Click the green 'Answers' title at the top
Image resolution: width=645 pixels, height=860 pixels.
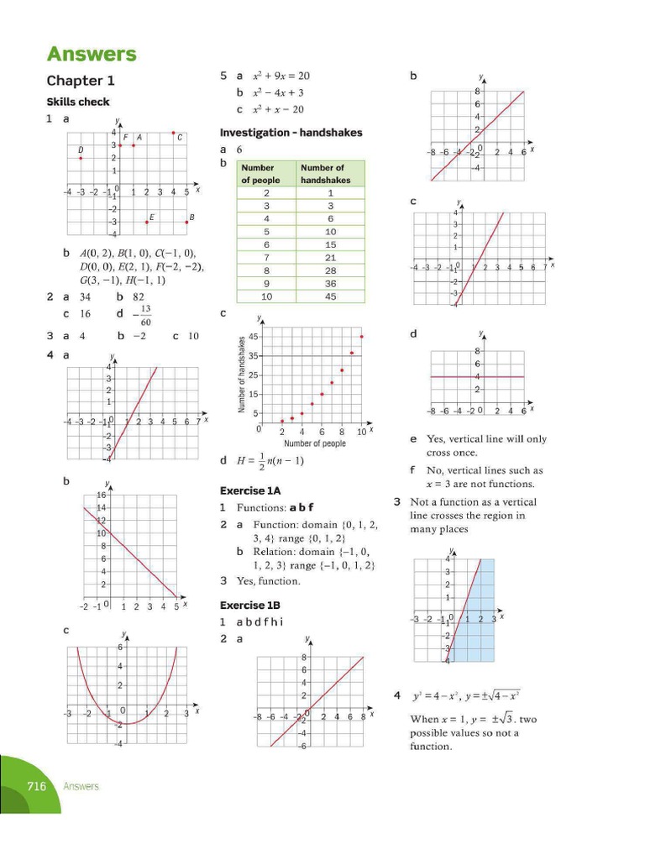92,55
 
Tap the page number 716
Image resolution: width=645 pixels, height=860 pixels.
35,786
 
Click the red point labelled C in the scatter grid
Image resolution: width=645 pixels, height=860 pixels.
173,133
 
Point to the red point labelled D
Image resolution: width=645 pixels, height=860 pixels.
81,158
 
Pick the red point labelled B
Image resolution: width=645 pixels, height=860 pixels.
186,222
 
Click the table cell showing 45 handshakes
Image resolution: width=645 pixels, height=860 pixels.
330,296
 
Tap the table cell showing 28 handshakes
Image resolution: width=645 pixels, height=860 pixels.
330,270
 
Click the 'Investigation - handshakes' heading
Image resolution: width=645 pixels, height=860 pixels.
291,133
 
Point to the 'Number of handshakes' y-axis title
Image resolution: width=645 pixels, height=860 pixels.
241,374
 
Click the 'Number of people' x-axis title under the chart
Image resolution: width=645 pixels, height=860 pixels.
314,443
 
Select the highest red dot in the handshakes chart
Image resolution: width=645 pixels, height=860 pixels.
362,337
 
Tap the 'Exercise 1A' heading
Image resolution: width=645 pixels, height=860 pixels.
249,490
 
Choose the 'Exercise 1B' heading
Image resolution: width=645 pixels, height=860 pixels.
249,605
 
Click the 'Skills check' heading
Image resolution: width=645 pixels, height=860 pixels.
77,102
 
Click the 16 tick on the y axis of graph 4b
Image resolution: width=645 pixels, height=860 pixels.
101,496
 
